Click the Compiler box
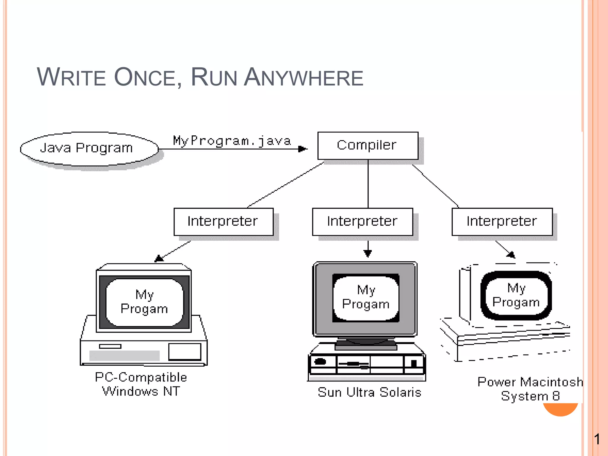pyautogui.click(x=368, y=145)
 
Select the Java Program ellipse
pyautogui.click(x=89, y=148)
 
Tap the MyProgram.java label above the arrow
pyautogui.click(x=232, y=141)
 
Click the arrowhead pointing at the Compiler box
pyautogui.click(x=303, y=149)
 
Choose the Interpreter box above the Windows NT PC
pyautogui.click(x=223, y=221)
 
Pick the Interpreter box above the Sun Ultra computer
pyautogui.click(x=362, y=221)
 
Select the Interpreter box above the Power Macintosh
pyautogui.click(x=502, y=221)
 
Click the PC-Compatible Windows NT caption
pyautogui.click(x=141, y=384)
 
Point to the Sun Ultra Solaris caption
pyautogui.click(x=369, y=392)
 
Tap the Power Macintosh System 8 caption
pyautogui.click(x=530, y=389)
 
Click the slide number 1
pyautogui.click(x=597, y=439)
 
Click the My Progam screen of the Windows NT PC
pyautogui.click(x=144, y=302)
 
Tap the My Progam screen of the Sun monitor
pyautogui.click(x=366, y=297)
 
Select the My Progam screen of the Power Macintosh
pyautogui.click(x=516, y=295)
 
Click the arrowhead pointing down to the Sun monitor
pyautogui.click(x=368, y=253)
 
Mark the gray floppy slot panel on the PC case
pyautogui.click(x=124, y=355)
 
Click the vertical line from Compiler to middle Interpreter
pyautogui.click(x=368, y=184)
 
